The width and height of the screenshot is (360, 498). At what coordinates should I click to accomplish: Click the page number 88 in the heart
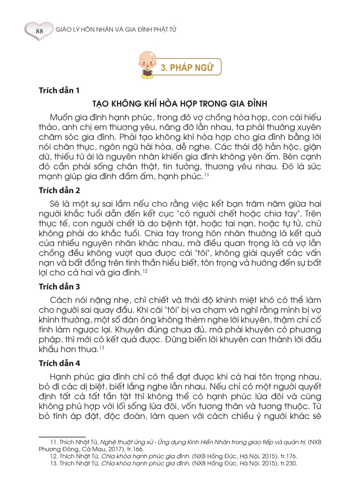click(39, 31)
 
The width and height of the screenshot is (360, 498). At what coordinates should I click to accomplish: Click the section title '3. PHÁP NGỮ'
click(187, 67)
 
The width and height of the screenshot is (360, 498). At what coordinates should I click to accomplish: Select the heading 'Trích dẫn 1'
click(59, 90)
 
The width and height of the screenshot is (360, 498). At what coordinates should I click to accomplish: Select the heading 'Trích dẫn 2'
click(59, 190)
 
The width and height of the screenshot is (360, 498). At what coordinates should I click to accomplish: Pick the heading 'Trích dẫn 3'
click(59, 287)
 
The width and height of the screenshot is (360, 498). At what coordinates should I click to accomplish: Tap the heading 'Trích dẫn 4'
click(59, 363)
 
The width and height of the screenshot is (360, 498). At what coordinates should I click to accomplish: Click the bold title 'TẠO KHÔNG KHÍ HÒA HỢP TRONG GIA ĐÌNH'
click(180, 104)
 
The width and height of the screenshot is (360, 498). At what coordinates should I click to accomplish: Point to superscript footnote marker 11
click(206, 175)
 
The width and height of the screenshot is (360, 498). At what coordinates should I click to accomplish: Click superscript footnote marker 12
click(145, 271)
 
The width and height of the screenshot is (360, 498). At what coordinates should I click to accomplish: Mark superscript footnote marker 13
click(102, 348)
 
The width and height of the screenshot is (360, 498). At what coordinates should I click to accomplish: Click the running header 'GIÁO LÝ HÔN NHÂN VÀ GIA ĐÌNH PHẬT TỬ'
click(116, 30)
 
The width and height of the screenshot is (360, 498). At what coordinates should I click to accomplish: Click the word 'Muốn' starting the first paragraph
click(61, 117)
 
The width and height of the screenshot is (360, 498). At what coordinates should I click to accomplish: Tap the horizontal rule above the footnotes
click(62, 437)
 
